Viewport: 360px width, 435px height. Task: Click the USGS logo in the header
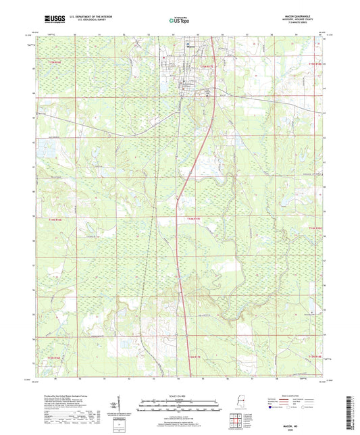coord(51,20)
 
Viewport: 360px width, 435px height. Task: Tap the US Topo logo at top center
coord(180,21)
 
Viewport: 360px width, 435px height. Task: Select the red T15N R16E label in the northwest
coord(54,61)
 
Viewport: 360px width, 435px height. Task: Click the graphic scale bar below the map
coord(180,408)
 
